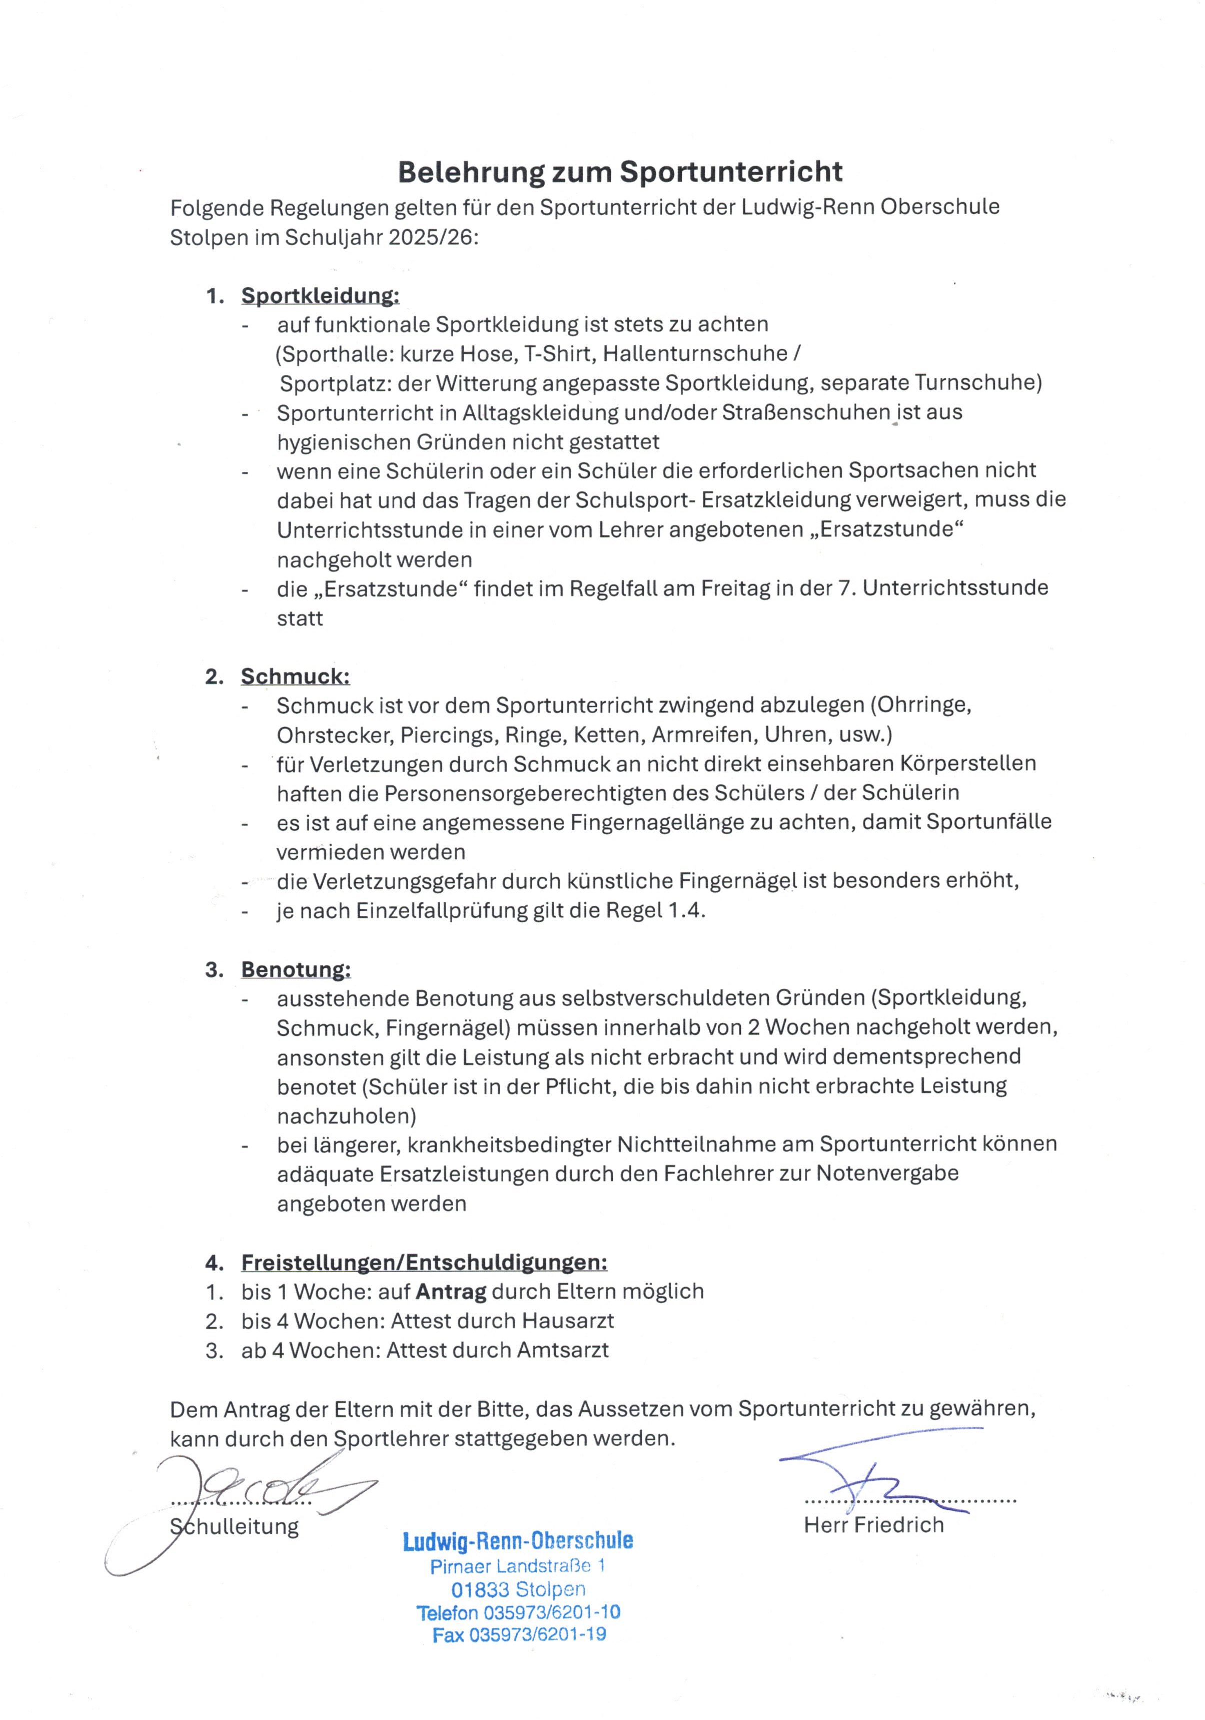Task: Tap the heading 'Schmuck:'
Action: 295,677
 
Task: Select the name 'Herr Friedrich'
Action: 873,1524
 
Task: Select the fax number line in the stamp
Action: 519,1634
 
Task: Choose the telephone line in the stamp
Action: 518,1612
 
